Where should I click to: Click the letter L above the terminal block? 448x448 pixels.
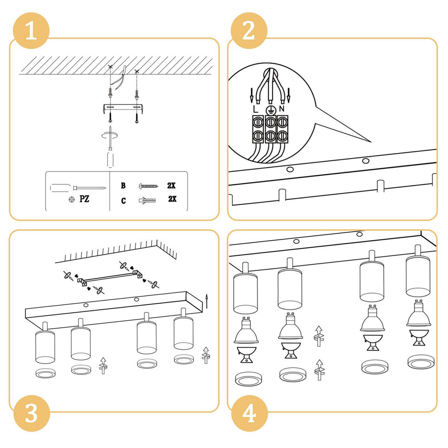[x=255, y=109]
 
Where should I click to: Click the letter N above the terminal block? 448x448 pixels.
[x=282, y=109]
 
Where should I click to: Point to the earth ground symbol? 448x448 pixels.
[x=269, y=109]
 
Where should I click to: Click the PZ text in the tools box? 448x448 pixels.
[x=84, y=199]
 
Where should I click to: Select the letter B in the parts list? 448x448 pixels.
[x=123, y=186]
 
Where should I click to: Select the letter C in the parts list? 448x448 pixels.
[x=123, y=201]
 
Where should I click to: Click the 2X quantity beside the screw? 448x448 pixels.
[x=171, y=186]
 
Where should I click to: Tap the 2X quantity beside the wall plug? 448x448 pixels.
[x=172, y=199]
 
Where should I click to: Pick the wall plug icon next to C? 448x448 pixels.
[x=149, y=200]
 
